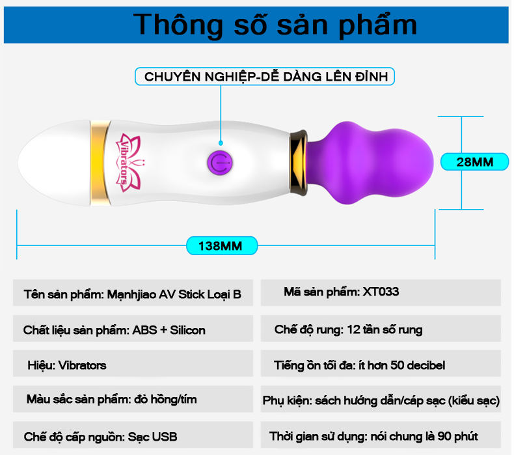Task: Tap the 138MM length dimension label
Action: point(222,245)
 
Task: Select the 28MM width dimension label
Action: point(474,161)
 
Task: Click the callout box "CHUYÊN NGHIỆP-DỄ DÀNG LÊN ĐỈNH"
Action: point(265,76)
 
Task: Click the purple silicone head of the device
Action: point(370,163)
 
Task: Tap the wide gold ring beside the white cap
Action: point(100,163)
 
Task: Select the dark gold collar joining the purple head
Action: point(298,163)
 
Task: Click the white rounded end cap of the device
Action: point(54,163)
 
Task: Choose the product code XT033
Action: point(381,292)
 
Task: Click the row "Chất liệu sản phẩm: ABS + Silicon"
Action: point(133,328)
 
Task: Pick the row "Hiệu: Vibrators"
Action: point(133,363)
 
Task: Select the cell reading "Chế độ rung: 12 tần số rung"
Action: point(381,328)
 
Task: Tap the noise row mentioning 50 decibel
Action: point(381,363)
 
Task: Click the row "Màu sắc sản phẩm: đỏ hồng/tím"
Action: point(133,399)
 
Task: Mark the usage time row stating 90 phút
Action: point(381,435)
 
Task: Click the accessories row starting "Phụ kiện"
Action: point(381,399)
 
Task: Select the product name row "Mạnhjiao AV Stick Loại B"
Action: point(133,293)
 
